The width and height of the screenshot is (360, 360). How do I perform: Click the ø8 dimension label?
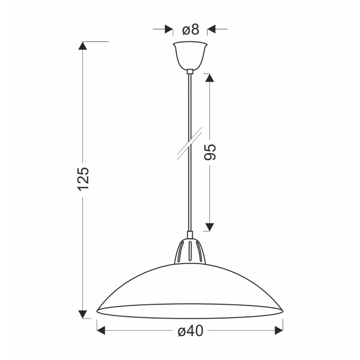tap(190, 28)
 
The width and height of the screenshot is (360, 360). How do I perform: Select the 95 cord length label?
tap(210, 152)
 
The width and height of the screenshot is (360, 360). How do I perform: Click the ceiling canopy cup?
tap(190, 55)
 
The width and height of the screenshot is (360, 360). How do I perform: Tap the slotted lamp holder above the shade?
tap(190, 252)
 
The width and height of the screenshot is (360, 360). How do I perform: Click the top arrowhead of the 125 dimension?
tap(83, 46)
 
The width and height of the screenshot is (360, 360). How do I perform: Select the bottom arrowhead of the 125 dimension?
tap(83, 314)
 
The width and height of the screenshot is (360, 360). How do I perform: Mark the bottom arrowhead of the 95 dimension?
tap(209, 226)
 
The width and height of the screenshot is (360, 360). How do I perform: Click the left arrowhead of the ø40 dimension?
tap(101, 330)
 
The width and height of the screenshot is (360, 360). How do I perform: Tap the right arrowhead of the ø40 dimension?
tap(278, 330)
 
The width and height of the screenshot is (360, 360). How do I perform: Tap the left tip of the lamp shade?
tap(98, 310)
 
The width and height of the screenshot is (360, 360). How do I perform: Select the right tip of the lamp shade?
tap(281, 310)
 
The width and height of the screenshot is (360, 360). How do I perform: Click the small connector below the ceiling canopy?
tap(190, 71)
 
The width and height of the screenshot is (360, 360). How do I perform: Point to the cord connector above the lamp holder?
tap(190, 235)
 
